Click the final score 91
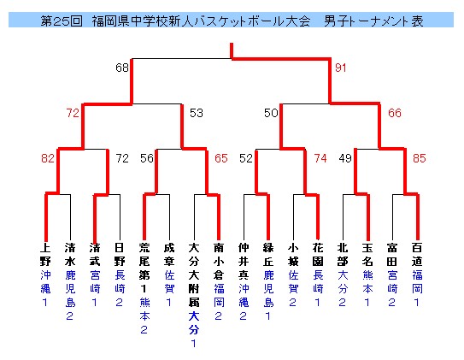(x=341, y=68)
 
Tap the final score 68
(x=122, y=68)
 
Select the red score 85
(x=420, y=158)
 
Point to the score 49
(x=345, y=158)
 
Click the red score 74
(x=320, y=158)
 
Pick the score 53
(x=197, y=113)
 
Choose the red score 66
(x=395, y=113)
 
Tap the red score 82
(x=48, y=158)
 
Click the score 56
(x=147, y=158)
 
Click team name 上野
(x=45, y=255)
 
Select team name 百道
(x=417, y=255)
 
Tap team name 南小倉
(x=219, y=262)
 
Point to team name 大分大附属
(x=194, y=275)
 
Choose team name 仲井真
(x=244, y=262)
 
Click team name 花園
(x=318, y=255)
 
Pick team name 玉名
(x=367, y=255)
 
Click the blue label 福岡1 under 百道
(x=417, y=288)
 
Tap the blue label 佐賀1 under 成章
(x=169, y=288)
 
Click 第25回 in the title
(x=62, y=21)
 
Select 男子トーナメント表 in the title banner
(x=373, y=21)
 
